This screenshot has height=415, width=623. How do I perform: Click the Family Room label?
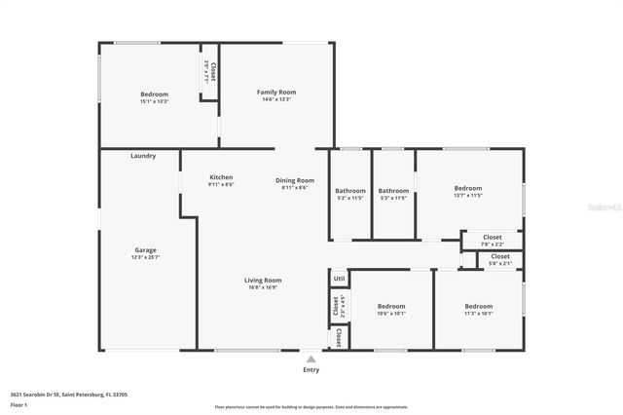276,92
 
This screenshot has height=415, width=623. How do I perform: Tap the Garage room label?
145,250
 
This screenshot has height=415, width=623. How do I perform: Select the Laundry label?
143,156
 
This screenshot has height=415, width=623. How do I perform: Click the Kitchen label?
221,177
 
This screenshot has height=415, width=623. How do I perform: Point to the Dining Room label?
295,180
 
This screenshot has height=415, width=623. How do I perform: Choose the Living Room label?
263,280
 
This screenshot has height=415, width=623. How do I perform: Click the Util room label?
339,279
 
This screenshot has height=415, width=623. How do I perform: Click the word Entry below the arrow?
311,370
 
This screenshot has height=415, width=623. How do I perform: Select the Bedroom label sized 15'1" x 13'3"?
155,94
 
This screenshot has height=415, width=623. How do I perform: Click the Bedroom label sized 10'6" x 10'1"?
391,306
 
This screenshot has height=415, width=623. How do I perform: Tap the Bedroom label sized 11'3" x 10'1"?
478,306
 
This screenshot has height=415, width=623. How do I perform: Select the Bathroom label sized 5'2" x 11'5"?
350,191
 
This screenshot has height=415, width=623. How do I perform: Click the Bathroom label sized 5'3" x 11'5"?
393,191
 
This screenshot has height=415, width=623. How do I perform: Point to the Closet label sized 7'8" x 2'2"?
493,237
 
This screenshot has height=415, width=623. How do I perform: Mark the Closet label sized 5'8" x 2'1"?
499,256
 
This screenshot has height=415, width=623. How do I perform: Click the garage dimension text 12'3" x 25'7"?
145,257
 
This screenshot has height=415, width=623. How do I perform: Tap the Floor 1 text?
18,404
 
